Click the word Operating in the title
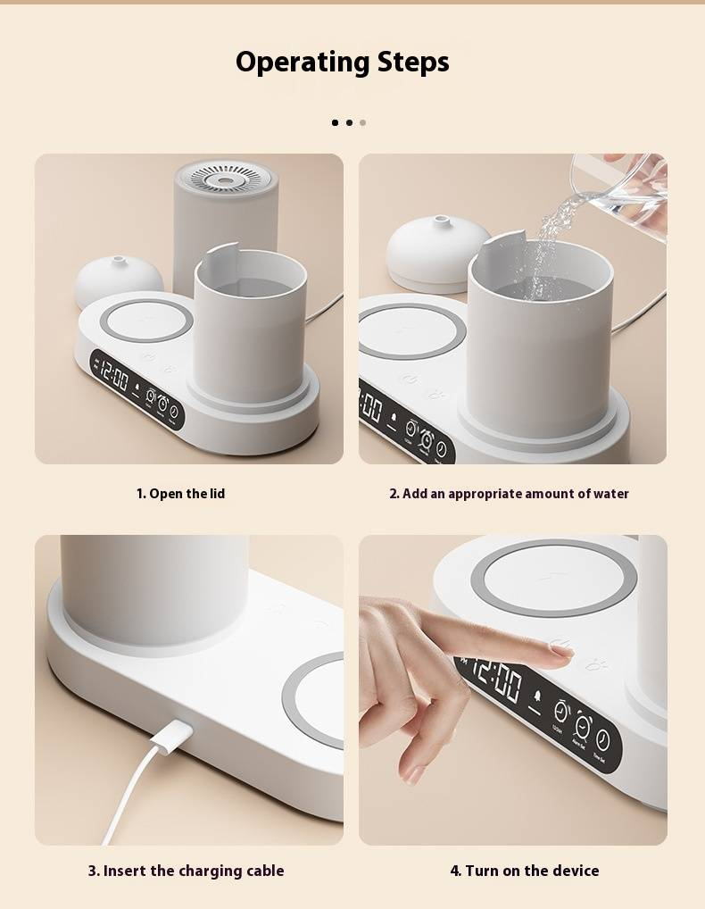[303, 62]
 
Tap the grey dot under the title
[362, 122]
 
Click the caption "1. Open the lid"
[181, 494]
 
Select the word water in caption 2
[610, 494]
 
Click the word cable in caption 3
[265, 871]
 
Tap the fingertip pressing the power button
[560, 652]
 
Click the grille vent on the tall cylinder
[227, 179]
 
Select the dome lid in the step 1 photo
[119, 280]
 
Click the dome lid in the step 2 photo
[438, 249]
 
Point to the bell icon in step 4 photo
[537, 695]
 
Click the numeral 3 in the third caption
[93, 871]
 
